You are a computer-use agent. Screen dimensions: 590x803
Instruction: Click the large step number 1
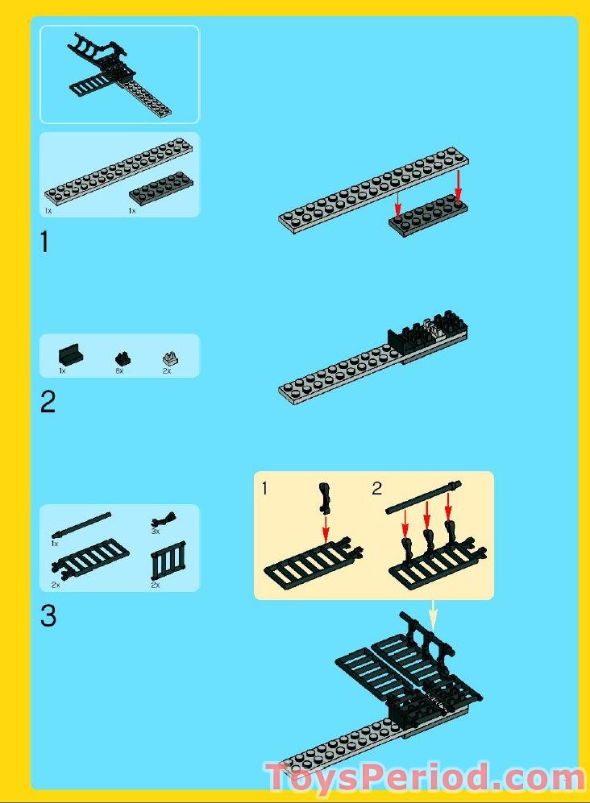tap(45, 242)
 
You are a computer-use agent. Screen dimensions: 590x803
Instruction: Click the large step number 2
tap(48, 402)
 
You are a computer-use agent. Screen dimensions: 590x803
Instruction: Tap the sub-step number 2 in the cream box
tap(376, 488)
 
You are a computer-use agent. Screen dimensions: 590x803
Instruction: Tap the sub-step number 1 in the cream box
tap(264, 488)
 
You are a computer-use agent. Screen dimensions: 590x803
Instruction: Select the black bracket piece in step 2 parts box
tap(71, 355)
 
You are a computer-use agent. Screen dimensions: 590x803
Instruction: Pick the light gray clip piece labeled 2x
tap(170, 358)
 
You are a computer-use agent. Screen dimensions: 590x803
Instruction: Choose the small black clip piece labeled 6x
tap(123, 358)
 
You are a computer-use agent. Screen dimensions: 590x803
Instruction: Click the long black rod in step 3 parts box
tap(81, 524)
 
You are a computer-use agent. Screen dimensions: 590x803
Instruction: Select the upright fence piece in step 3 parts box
tap(168, 562)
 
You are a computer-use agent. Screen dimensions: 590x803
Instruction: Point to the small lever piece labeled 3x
tap(164, 520)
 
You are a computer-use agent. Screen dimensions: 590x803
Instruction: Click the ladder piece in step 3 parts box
tap(90, 559)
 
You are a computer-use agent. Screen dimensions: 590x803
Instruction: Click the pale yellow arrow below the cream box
tap(433, 615)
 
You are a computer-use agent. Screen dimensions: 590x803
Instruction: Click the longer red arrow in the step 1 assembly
tap(459, 186)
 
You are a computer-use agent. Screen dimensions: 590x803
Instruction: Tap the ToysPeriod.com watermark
tap(425, 778)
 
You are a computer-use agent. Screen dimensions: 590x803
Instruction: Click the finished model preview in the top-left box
tap(119, 75)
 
